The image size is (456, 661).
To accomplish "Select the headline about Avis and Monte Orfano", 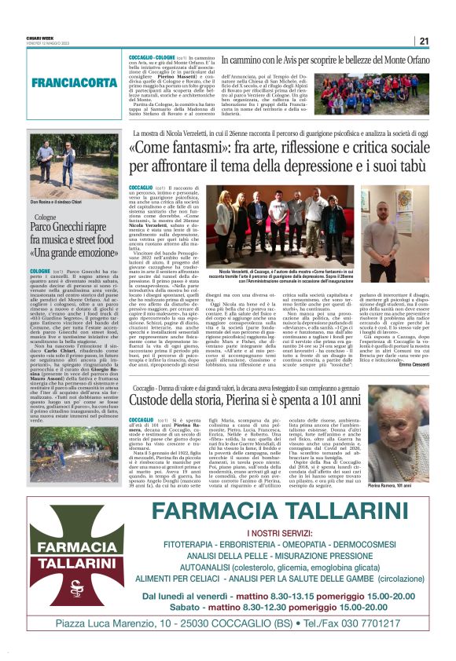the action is pyautogui.click(x=325, y=60).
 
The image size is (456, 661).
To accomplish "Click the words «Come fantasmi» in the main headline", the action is pyautogui.click(x=182, y=148).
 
